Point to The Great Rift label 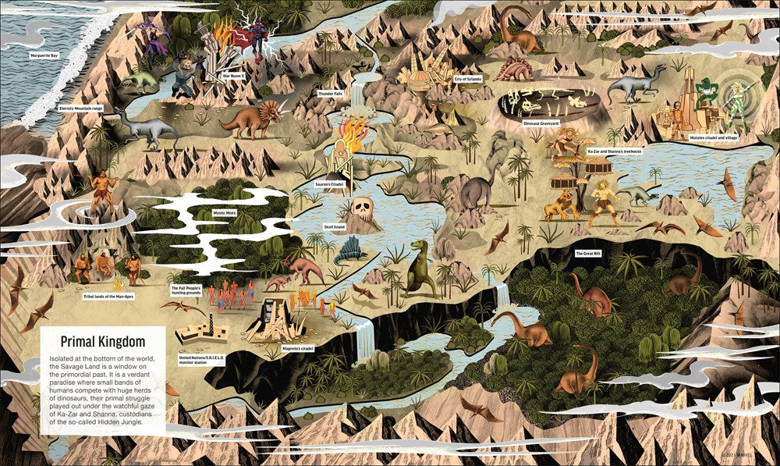[589, 254]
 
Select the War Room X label [233, 76]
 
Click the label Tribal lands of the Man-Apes [110, 297]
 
